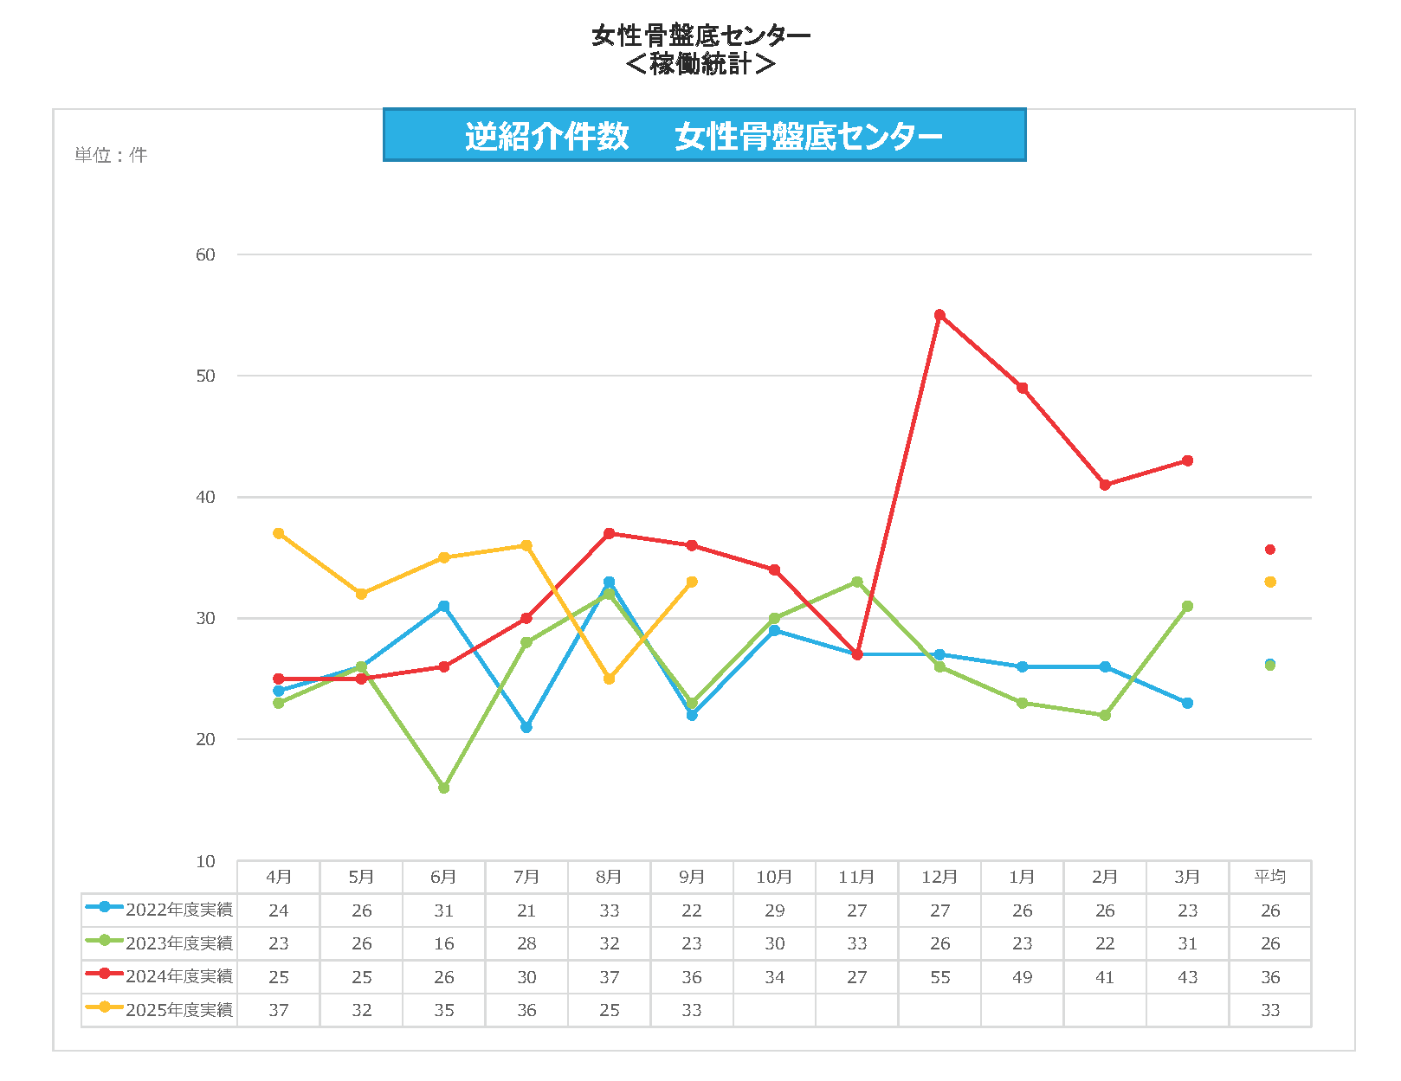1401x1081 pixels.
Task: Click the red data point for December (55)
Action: [x=939, y=315]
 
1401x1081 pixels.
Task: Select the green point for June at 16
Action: [x=443, y=788]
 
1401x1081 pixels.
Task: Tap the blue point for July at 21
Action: [x=526, y=728]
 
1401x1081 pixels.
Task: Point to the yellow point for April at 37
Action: [x=278, y=533]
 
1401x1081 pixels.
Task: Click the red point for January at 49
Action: [x=1023, y=388]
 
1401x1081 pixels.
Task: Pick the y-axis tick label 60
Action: [x=205, y=254]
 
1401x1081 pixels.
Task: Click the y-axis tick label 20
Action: [x=205, y=739]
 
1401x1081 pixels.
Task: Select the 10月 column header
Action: [x=774, y=877]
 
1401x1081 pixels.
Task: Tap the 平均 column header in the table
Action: [x=1270, y=877]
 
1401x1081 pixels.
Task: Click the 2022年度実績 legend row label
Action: [x=178, y=910]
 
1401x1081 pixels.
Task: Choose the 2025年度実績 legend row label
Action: [x=178, y=1010]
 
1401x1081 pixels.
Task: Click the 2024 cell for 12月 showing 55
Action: [x=939, y=977]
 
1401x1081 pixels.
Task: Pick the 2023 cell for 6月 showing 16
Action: [x=443, y=943]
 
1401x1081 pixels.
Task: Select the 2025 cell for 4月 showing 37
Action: [x=278, y=1010]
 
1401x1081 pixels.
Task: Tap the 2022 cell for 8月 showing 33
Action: [x=609, y=910]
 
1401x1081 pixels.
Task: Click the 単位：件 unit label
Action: [x=111, y=155]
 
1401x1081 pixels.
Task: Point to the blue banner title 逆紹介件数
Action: [x=546, y=136]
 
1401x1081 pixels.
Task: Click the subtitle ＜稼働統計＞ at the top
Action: [x=700, y=64]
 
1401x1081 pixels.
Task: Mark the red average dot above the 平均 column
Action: [x=1270, y=550]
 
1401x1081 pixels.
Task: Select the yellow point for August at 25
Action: [x=609, y=679]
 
